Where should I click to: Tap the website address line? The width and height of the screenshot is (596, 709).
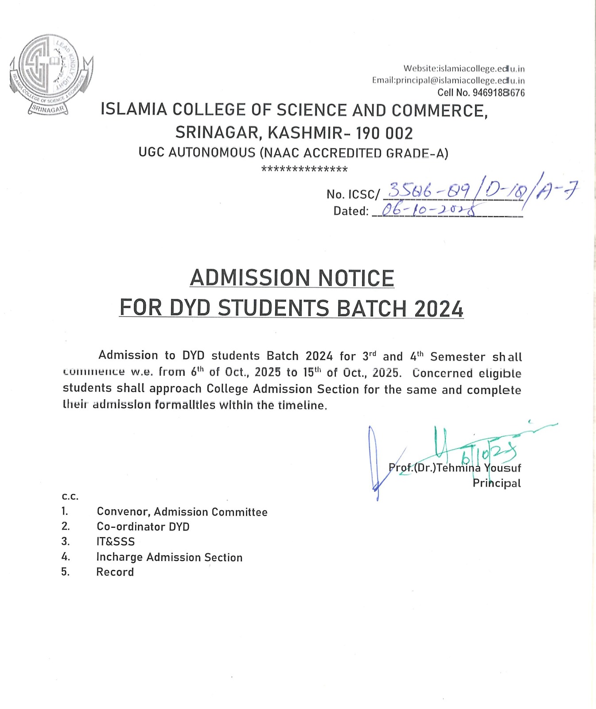pyautogui.click(x=464, y=69)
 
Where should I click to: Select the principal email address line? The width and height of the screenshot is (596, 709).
pyautogui.click(x=448, y=81)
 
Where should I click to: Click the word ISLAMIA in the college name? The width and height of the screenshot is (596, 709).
pyautogui.click(x=134, y=110)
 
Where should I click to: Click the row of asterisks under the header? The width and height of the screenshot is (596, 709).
pyautogui.click(x=304, y=169)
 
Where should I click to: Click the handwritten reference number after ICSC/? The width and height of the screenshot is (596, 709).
pyautogui.click(x=481, y=191)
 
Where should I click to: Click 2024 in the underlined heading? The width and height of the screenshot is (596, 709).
pyautogui.click(x=438, y=309)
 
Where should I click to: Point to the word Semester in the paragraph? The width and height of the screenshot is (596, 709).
pyautogui.click(x=457, y=357)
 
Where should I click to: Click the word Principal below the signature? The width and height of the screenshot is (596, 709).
pyautogui.click(x=496, y=483)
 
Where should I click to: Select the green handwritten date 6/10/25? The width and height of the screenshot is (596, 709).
pyautogui.click(x=489, y=453)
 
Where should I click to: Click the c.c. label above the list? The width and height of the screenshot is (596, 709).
pyautogui.click(x=70, y=496)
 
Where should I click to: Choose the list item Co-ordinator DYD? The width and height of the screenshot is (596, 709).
pyautogui.click(x=143, y=526)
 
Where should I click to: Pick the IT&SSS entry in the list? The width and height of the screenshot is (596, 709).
pyautogui.click(x=115, y=541)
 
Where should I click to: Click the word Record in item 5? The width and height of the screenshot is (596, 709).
pyautogui.click(x=115, y=572)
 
